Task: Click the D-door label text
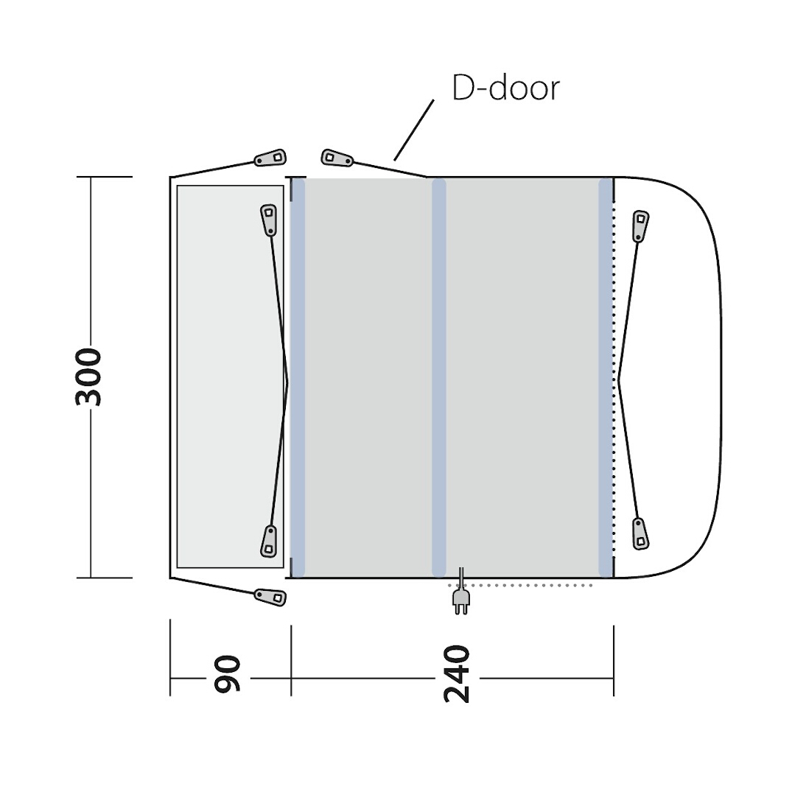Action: [x=505, y=88]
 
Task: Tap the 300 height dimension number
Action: [x=88, y=376]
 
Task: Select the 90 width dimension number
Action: [x=228, y=674]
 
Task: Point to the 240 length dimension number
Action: [x=457, y=674]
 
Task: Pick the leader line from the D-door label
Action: [x=413, y=130]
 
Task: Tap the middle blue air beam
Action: [x=439, y=377]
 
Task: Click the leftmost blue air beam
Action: [x=298, y=377]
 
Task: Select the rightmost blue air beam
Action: [x=606, y=377]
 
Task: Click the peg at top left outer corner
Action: [x=270, y=158]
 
